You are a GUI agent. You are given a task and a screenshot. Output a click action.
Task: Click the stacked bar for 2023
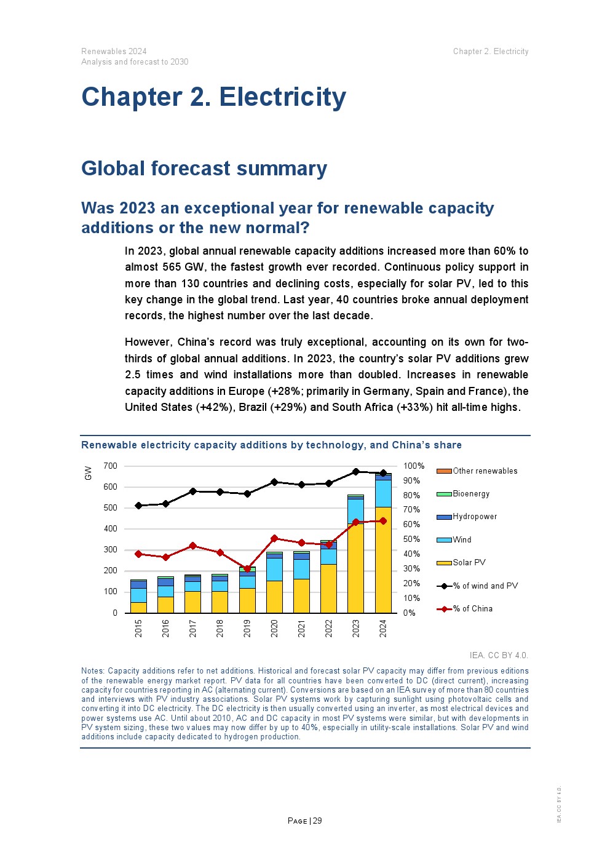(x=355, y=554)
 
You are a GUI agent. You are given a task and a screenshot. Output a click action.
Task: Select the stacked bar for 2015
(x=138, y=597)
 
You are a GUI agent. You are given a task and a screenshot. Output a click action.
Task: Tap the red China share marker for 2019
(x=247, y=569)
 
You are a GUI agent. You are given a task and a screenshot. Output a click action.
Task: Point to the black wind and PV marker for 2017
(x=192, y=491)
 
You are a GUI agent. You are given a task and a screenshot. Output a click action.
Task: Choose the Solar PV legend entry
(x=469, y=562)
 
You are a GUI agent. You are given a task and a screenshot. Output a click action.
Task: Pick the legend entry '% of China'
(x=472, y=608)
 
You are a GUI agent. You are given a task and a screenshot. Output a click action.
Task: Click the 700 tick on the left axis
(x=110, y=466)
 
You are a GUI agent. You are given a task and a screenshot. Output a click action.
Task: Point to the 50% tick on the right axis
(x=411, y=539)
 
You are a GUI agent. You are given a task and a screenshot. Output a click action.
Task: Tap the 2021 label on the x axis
(x=301, y=628)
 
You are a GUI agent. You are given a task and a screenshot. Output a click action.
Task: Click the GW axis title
(x=88, y=472)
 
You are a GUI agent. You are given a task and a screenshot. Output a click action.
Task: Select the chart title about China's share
(x=271, y=445)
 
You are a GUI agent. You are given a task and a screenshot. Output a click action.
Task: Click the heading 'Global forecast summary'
(x=204, y=169)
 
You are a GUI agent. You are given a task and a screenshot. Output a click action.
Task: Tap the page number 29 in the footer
(x=317, y=821)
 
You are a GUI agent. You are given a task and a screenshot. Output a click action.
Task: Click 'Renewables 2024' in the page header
(x=114, y=51)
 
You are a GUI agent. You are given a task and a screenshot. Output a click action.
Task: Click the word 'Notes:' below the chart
(x=93, y=671)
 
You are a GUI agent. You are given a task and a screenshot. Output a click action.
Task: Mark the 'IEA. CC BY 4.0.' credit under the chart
(x=499, y=655)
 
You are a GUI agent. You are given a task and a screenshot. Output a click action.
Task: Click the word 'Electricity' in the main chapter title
(x=282, y=97)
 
